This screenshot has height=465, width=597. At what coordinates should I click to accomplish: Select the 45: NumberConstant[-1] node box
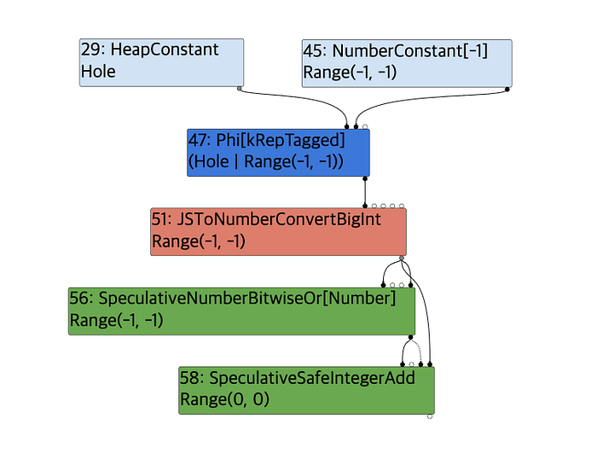tap(407, 61)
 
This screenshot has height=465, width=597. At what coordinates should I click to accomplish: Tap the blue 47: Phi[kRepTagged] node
tap(278, 152)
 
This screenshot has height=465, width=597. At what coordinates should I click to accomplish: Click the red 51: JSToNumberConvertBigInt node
tap(278, 231)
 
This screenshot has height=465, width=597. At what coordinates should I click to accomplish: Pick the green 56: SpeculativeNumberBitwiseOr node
tap(241, 311)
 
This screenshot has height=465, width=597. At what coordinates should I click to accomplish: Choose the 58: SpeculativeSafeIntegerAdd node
tap(306, 390)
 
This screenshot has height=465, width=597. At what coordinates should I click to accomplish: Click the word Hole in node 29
tap(98, 73)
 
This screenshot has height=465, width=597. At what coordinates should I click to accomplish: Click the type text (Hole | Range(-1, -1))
tap(266, 162)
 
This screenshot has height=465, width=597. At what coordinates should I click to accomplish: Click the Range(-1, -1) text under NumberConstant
tap(351, 73)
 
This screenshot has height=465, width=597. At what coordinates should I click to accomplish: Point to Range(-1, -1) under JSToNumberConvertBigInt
tap(199, 242)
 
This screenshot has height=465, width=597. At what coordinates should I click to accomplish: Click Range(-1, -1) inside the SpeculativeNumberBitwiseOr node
tap(116, 322)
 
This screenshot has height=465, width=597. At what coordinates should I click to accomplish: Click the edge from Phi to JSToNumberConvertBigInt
tap(366, 193)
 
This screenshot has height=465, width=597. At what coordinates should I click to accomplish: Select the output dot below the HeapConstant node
tap(240, 88)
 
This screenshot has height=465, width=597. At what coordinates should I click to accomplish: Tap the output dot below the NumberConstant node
tap(508, 88)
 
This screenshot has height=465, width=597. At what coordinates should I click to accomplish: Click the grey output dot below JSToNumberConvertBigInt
tap(402, 258)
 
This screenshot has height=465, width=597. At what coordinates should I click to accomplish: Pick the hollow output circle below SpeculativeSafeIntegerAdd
tap(430, 417)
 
